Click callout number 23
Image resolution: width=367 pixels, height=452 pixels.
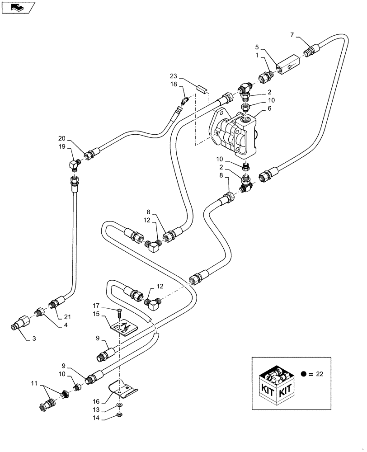174,76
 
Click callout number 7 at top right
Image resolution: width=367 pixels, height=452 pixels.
292,35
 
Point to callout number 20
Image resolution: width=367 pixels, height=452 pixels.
61,139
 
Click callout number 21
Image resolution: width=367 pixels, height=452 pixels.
68,317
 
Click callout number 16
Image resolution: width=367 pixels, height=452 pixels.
96,401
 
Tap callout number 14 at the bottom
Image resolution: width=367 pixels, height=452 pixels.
96,419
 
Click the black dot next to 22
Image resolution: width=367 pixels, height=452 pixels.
304,374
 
